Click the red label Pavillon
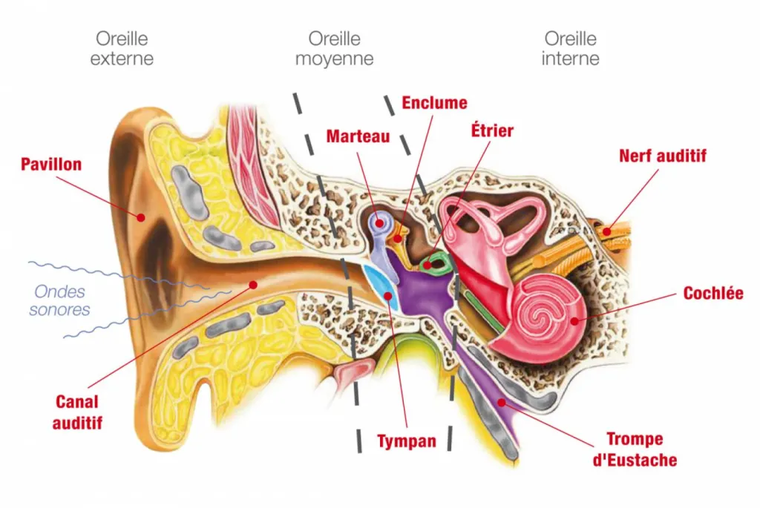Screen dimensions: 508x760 50,164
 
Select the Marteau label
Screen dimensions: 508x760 358,136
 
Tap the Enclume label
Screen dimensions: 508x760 434,103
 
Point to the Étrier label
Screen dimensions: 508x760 492,131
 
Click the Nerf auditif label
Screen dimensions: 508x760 662,156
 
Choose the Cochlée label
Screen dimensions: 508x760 712,294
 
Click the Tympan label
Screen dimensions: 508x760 406,442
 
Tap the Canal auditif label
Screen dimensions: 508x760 77,413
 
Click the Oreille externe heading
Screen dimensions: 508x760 122,48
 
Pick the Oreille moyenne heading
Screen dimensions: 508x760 334,48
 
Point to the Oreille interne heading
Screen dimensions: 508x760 570,48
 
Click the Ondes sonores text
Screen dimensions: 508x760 59,300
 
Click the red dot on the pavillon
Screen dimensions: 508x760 139,217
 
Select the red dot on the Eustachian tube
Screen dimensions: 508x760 502,403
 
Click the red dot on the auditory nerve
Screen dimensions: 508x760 606,232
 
